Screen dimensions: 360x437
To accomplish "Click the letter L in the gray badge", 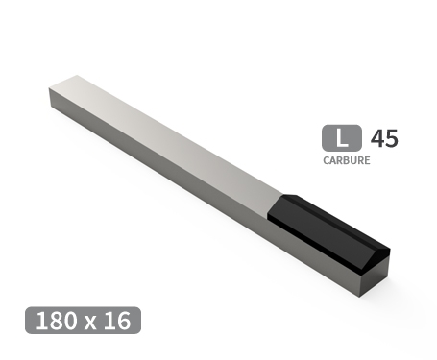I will (343, 137).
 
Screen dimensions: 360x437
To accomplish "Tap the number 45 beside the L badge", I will (383, 137).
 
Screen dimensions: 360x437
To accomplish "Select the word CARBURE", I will (346, 160).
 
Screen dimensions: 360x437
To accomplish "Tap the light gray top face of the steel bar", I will (163, 125).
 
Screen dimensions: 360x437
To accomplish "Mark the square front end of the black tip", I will (375, 274).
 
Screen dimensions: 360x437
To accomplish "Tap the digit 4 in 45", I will (376, 137).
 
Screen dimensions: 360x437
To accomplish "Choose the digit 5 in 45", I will (391, 137).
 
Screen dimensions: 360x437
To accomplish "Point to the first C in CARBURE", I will (328, 160).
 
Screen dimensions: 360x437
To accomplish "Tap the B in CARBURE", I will (346, 160).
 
